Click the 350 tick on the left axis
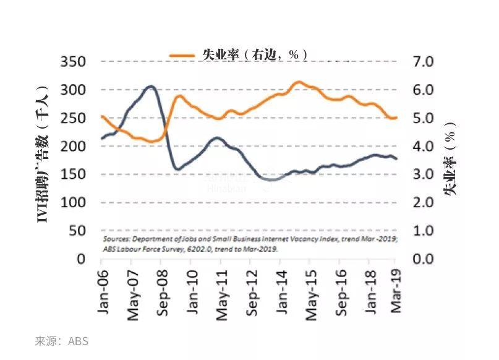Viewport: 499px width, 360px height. tap(73, 62)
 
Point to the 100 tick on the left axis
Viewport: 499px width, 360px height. tap(73, 203)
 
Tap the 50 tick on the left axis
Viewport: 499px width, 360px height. tap(77, 231)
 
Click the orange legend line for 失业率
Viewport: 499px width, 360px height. tap(183, 54)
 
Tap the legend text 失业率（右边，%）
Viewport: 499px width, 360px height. tap(254, 54)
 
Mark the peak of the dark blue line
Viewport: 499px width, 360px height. tap(150, 87)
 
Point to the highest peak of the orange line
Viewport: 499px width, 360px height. tap(298, 82)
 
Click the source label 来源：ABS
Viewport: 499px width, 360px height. tap(62, 341)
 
